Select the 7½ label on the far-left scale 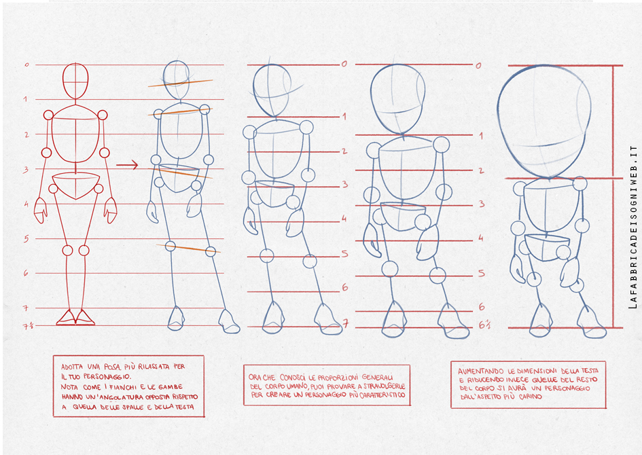(x=27, y=326)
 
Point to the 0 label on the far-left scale (x=26, y=65)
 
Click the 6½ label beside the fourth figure (x=484, y=325)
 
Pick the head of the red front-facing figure (x=75, y=81)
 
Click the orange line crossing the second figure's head (x=181, y=83)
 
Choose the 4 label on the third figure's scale (x=344, y=219)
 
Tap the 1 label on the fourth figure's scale (x=480, y=136)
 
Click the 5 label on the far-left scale (x=26, y=238)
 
